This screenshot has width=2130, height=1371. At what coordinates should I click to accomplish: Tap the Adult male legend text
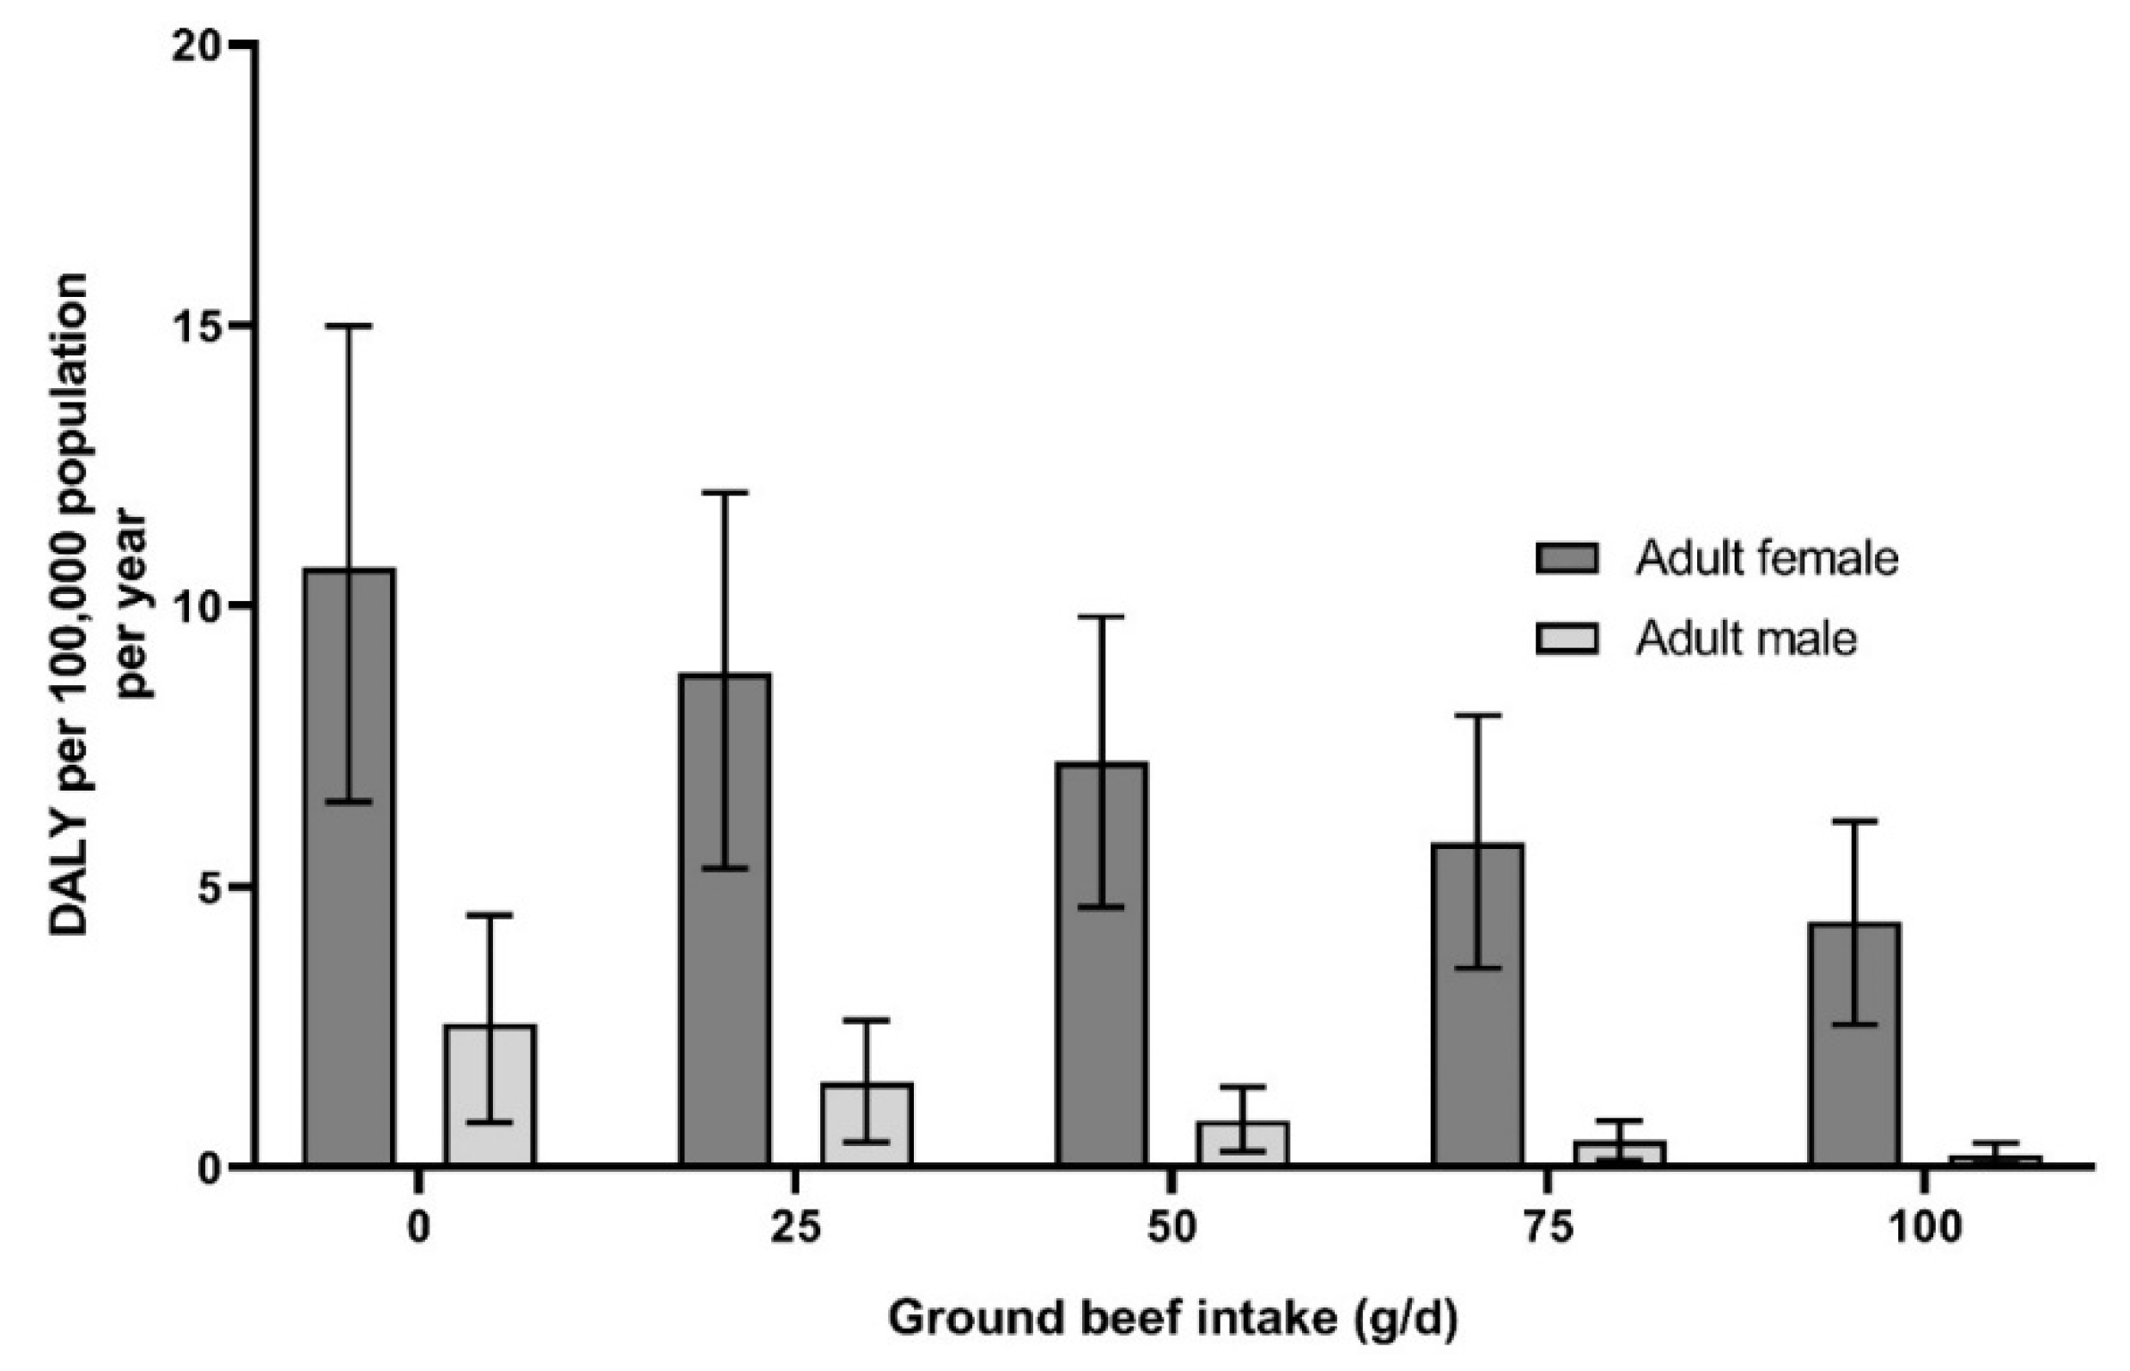tap(1745, 639)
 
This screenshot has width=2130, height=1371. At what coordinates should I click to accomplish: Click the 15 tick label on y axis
tap(198, 326)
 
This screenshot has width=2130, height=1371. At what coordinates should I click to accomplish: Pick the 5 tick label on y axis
tap(208, 887)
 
